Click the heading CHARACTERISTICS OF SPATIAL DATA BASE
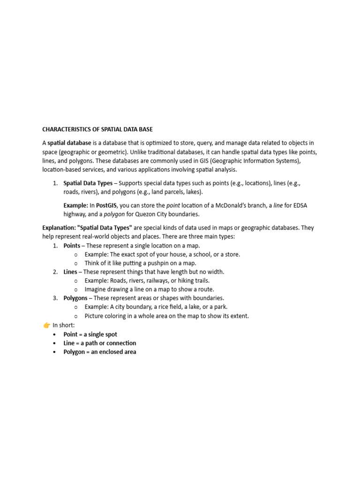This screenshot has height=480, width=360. click(x=97, y=129)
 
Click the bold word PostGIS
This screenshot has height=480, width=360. click(x=107, y=205)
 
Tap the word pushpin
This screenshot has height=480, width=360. click(x=151, y=263)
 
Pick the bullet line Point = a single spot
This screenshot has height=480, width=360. click(x=90, y=334)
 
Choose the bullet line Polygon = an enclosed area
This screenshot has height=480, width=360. click(x=100, y=352)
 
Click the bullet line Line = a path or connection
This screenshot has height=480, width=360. click(x=100, y=343)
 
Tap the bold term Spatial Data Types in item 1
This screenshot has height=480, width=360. click(x=88, y=183)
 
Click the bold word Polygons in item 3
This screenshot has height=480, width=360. click(x=75, y=298)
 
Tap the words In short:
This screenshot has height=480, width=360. click(x=64, y=325)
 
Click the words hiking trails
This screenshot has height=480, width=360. click(x=193, y=280)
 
